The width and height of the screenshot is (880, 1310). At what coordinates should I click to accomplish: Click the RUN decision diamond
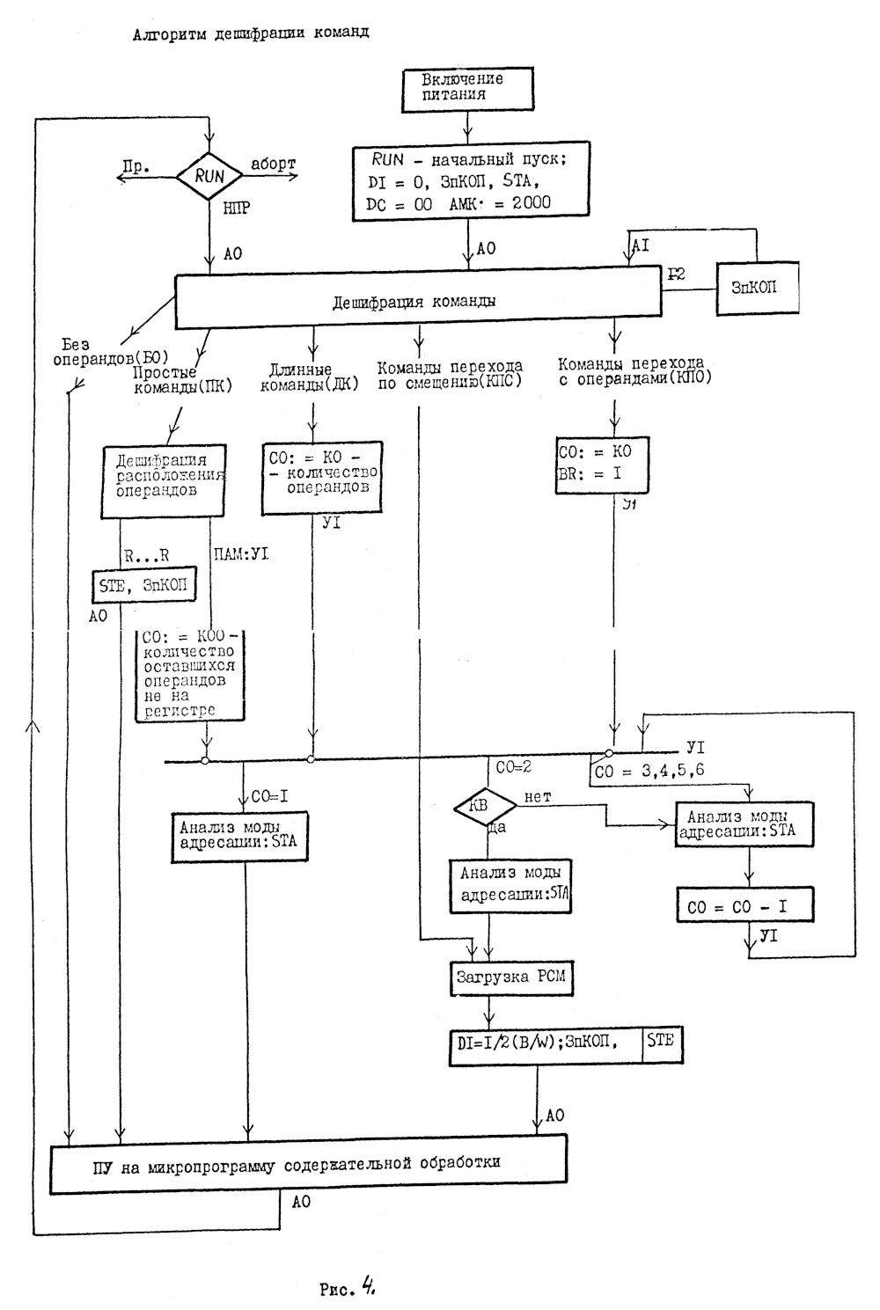pyautogui.click(x=209, y=176)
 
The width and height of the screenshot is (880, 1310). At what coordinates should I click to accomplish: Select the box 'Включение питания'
pyautogui.click(x=466, y=86)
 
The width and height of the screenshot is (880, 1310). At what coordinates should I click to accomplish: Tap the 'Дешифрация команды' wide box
pyautogui.click(x=417, y=300)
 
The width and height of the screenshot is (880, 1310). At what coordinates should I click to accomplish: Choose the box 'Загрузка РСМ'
pyautogui.click(x=510, y=977)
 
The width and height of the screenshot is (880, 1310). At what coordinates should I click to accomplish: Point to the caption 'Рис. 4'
pyautogui.click(x=348, y=1290)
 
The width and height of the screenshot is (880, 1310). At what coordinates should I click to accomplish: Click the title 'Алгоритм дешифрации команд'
pyautogui.click(x=251, y=34)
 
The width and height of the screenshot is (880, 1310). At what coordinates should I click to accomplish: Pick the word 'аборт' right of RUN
pyautogui.click(x=274, y=164)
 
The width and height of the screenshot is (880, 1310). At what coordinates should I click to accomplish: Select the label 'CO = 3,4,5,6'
pyautogui.click(x=649, y=771)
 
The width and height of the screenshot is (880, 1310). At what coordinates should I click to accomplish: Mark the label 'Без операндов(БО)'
pyautogui.click(x=110, y=352)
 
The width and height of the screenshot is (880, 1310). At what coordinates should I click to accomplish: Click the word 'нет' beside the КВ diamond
pyautogui.click(x=538, y=796)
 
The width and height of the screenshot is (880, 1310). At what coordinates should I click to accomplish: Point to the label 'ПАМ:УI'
pyautogui.click(x=241, y=553)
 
